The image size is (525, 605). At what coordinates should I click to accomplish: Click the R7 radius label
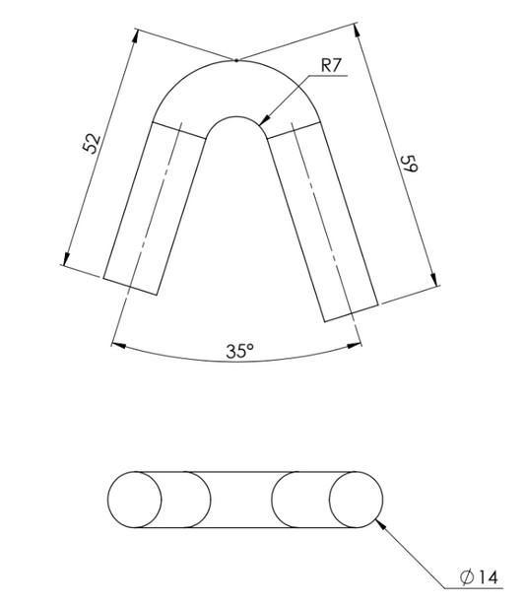(331, 66)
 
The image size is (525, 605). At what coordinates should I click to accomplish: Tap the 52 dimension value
(93, 143)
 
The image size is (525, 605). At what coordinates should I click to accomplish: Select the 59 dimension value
(409, 165)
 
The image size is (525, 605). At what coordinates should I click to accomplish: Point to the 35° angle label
(240, 351)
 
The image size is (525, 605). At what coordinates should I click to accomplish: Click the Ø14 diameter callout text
(479, 577)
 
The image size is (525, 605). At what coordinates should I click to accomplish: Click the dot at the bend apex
(236, 60)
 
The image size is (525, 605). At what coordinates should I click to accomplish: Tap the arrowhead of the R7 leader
(265, 120)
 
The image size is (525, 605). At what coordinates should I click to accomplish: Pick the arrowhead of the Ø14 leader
(381, 524)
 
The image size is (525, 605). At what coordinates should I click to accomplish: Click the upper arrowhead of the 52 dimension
(134, 35)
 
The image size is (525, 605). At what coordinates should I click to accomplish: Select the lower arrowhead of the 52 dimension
(67, 259)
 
